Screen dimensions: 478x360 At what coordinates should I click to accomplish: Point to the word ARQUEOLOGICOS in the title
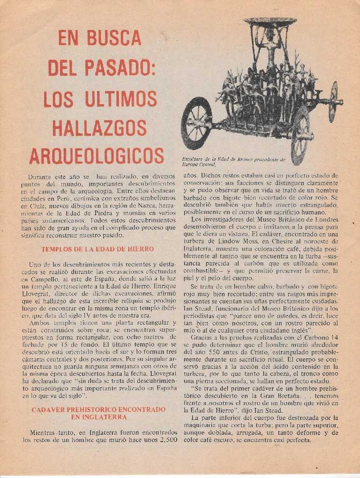97,156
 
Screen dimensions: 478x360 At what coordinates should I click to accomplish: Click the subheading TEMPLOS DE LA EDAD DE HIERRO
97,249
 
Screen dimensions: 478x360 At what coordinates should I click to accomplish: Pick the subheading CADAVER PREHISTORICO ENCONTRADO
98,409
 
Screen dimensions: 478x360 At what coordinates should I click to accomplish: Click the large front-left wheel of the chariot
196,123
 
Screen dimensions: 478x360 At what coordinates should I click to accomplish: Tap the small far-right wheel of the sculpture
333,102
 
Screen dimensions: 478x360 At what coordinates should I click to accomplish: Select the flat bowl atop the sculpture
270,22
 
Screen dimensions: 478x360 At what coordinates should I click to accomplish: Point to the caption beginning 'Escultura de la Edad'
233,162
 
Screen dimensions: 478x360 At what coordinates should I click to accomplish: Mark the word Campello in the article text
44,279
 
